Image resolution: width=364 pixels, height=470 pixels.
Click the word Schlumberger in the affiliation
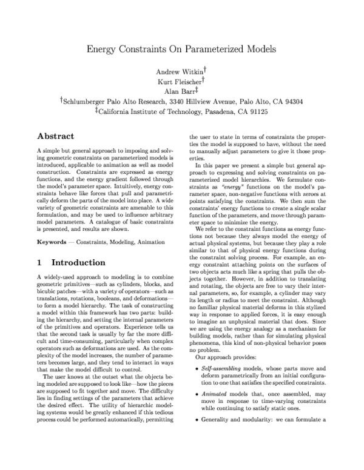88,102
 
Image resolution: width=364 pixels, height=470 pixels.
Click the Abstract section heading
56,136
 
